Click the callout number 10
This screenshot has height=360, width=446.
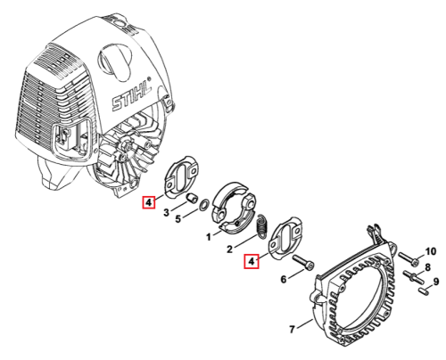pyautogui.click(x=430, y=251)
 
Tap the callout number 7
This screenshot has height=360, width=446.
pyautogui.click(x=292, y=329)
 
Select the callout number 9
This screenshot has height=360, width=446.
pyautogui.click(x=436, y=281)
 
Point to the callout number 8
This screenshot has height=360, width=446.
pyautogui.click(x=427, y=267)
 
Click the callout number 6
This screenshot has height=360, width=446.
pyautogui.click(x=284, y=279)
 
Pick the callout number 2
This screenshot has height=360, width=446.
pyautogui.click(x=229, y=249)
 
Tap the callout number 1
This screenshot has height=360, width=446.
pyautogui.click(x=209, y=237)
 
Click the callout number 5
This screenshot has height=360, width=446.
pyautogui.click(x=178, y=219)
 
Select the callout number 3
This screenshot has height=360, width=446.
pyautogui.click(x=166, y=212)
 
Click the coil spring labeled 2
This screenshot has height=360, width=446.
pyautogui.click(x=262, y=225)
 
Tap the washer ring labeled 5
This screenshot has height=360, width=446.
pyautogui.click(x=204, y=205)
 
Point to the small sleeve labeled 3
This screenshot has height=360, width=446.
pyautogui.click(x=192, y=198)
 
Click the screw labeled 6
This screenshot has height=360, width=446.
pyautogui.click(x=303, y=262)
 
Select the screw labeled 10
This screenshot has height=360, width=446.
pyautogui.click(x=409, y=258)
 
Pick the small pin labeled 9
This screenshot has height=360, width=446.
pyautogui.click(x=425, y=290)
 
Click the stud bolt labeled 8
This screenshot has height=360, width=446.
pyautogui.click(x=413, y=276)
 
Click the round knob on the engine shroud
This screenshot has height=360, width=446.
pyautogui.click(x=115, y=61)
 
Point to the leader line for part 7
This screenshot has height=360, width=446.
pyautogui.click(x=304, y=323)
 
